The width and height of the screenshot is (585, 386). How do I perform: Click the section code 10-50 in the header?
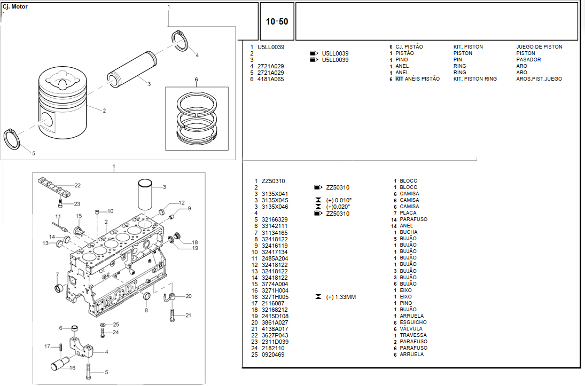277,22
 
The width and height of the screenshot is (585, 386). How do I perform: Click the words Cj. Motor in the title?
15,7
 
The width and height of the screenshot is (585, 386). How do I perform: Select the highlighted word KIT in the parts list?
399,79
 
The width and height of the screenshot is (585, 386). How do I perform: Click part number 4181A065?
270,79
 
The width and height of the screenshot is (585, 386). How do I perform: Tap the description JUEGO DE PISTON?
539,47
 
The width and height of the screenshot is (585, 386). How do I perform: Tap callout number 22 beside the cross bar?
77,185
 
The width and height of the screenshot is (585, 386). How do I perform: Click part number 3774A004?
275,284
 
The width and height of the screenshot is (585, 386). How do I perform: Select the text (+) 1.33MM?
340,297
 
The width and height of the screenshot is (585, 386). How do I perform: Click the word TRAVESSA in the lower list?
414,335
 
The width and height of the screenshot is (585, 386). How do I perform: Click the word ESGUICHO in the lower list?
413,322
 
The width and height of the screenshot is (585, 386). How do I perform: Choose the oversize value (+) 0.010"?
339,200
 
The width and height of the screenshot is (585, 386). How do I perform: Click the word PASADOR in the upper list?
528,60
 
